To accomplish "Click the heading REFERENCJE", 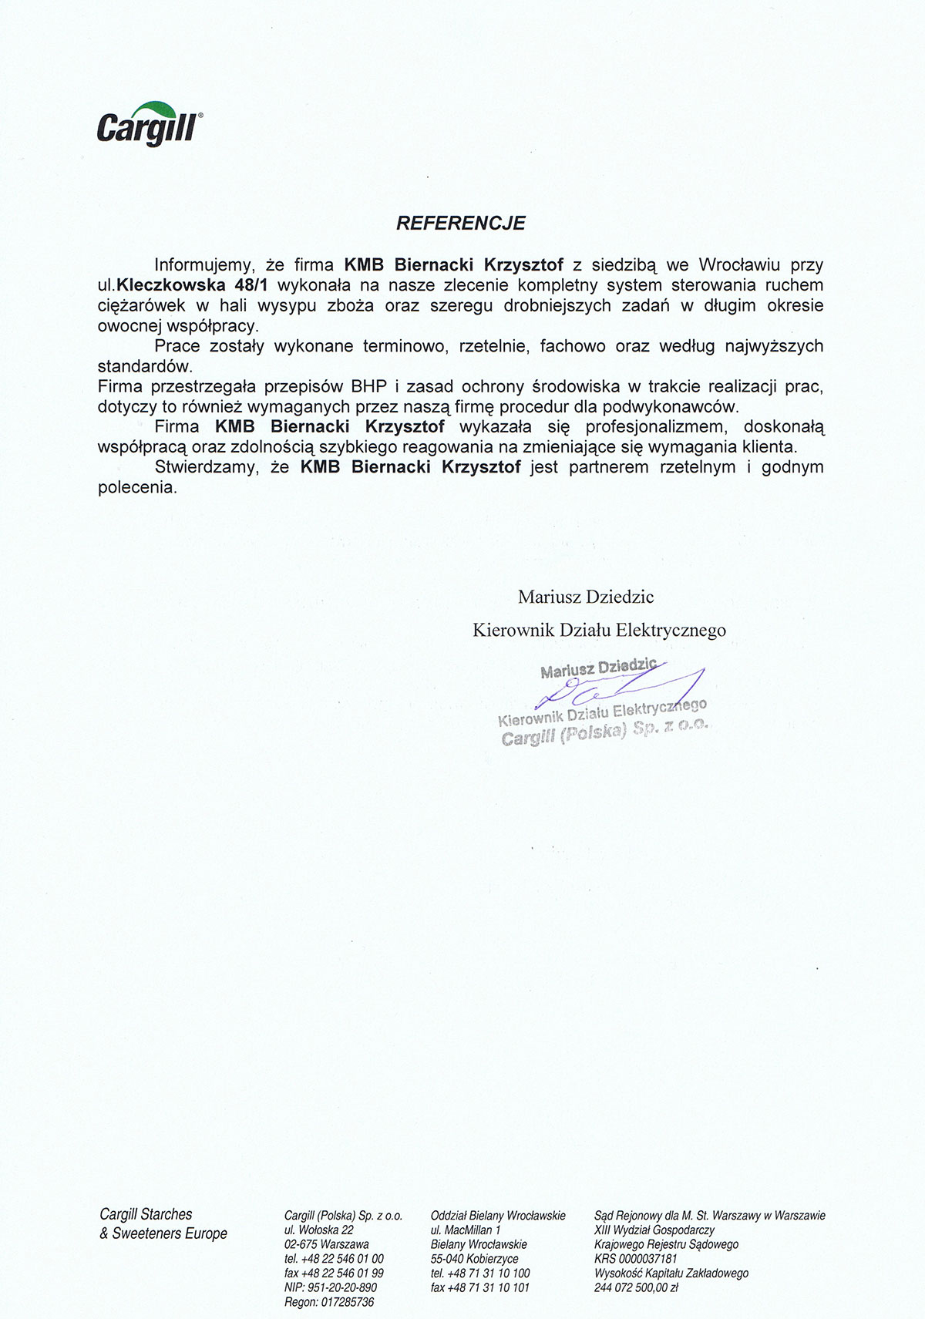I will point(460,223).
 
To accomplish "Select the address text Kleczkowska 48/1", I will point(190,285).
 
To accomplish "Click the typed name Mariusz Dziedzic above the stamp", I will point(586,596).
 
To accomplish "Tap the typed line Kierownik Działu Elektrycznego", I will point(599,630).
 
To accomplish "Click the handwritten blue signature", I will point(617,686).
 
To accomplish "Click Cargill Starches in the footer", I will point(146,1214).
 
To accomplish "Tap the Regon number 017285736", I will point(345,1301).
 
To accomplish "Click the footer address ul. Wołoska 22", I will point(318,1230).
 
